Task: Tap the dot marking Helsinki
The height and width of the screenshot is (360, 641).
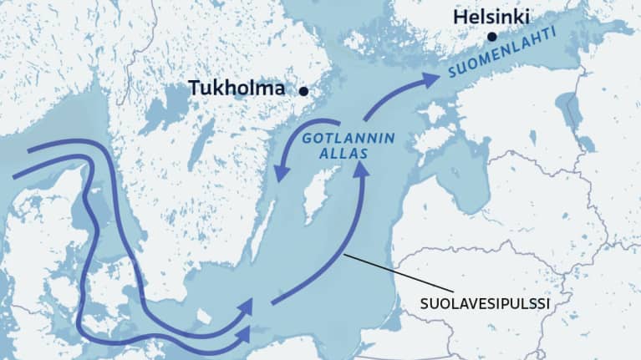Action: click(x=492, y=37)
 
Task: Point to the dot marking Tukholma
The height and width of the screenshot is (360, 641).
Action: click(x=304, y=91)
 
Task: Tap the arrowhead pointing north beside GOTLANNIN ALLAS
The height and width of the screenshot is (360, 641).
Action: click(x=361, y=170)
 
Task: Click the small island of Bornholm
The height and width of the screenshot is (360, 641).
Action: click(x=203, y=316)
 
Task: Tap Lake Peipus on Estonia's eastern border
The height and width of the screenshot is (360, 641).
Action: click(x=577, y=117)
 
